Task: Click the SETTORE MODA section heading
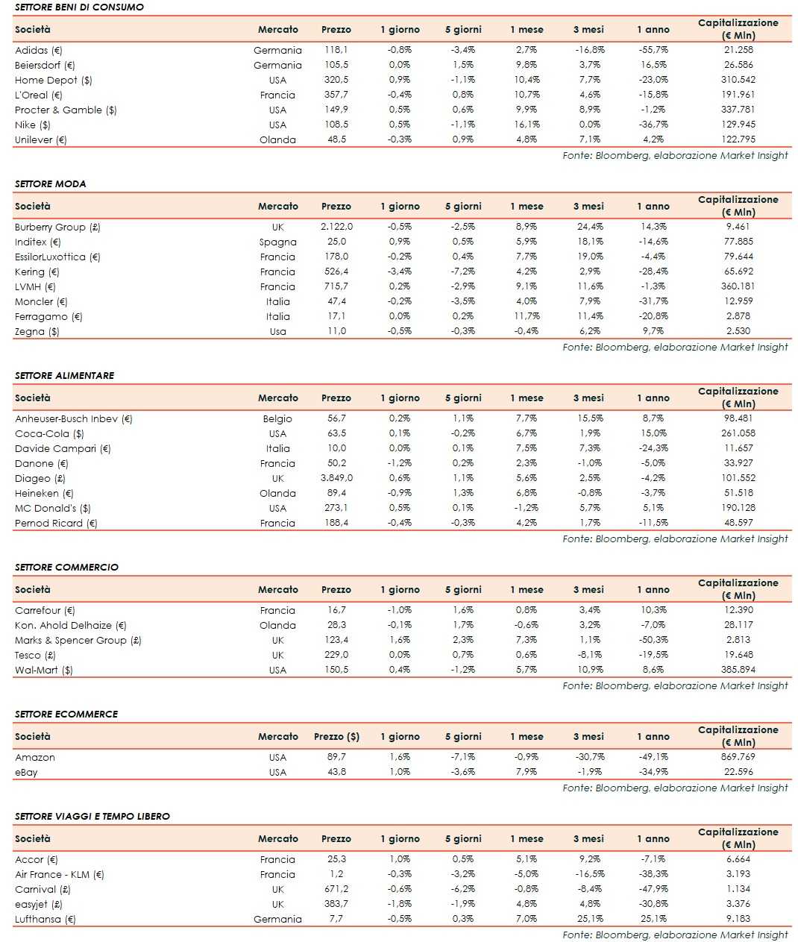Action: (50, 183)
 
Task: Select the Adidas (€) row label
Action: (39, 50)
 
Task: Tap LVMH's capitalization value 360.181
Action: (738, 286)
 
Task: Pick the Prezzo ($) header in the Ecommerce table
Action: (336, 736)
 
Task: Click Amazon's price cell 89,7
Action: (336, 757)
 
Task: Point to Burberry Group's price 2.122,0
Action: (336, 227)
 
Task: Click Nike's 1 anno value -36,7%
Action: (653, 125)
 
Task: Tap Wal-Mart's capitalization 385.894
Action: (738, 670)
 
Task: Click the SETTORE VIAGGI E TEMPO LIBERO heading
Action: (92, 816)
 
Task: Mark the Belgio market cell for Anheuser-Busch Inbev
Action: (277, 418)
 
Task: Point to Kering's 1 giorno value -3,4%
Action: (400, 271)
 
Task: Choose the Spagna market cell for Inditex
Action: (277, 242)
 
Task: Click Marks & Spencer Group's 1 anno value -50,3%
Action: (653, 640)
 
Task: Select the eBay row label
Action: (26, 772)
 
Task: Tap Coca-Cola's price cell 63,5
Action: (336, 433)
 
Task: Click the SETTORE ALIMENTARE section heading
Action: (65, 375)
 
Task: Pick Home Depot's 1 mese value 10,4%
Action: (527, 80)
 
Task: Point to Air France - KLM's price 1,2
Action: (336, 874)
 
